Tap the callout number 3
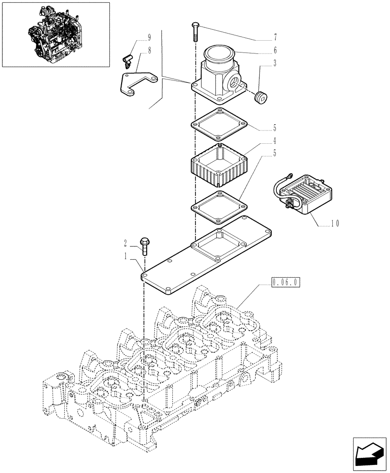coord(275,63)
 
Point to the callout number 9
coord(136,37)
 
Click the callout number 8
coord(136,50)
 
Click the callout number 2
coord(126,243)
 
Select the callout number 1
coord(126,256)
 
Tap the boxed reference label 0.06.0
coord(286,283)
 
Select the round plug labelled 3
coord(260,98)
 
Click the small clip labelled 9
coord(126,61)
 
